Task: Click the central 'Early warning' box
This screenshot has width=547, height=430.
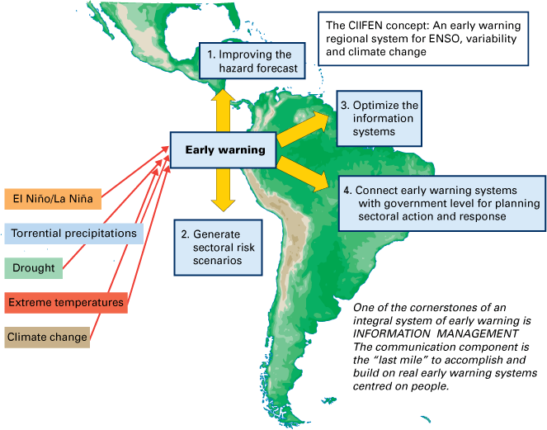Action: tap(224, 149)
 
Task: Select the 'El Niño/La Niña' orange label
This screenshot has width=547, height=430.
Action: tap(52, 199)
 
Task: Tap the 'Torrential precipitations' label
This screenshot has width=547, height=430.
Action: tap(74, 234)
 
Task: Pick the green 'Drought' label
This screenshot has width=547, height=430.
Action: tap(34, 268)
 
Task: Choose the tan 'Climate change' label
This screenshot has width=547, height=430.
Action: tap(47, 337)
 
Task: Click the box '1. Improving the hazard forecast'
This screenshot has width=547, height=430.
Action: tap(252, 61)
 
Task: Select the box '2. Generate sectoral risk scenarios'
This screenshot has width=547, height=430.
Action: tap(212, 246)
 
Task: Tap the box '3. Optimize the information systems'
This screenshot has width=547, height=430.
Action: tap(379, 119)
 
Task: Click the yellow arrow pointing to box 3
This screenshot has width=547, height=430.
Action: tap(304, 128)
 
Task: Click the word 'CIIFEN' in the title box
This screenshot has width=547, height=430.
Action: tap(368, 24)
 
